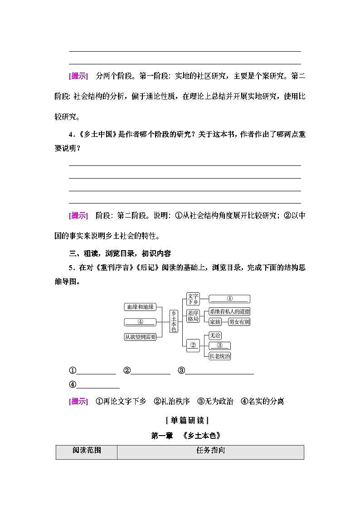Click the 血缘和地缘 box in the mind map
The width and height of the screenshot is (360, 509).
tap(141, 307)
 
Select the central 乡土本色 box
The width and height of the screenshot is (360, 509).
tap(174, 321)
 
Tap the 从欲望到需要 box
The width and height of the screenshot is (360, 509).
tap(141, 337)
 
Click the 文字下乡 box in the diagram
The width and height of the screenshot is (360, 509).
tap(193, 299)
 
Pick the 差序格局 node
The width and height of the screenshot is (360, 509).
tap(193, 316)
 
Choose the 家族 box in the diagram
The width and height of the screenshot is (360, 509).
tap(215, 322)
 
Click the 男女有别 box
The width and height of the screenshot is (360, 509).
tap(239, 322)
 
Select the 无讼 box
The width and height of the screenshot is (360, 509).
tap(215, 335)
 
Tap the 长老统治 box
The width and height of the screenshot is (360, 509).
tap(220, 356)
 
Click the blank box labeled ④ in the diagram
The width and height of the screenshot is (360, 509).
tap(141, 322)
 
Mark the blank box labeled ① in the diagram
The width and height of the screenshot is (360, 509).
tap(229, 299)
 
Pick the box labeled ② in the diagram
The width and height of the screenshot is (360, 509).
tap(193, 345)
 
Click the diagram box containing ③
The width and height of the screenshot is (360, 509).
tap(220, 345)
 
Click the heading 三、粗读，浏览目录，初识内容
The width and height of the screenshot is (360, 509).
tap(119, 253)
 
